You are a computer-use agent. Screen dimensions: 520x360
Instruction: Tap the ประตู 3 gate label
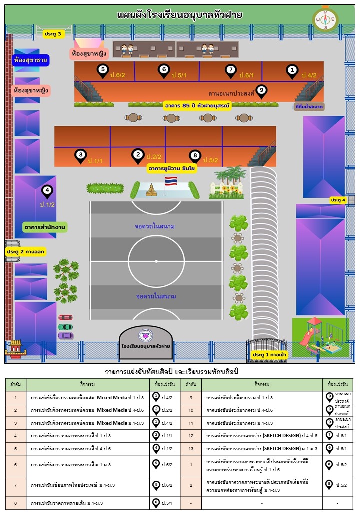tap(53, 34)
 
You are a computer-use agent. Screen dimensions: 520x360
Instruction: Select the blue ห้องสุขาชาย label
tap(31, 61)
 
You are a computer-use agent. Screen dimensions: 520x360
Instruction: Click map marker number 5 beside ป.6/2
tap(103, 71)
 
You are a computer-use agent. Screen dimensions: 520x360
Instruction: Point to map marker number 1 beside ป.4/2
tap(292, 71)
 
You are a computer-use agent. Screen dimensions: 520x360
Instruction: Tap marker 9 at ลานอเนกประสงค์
tap(261, 91)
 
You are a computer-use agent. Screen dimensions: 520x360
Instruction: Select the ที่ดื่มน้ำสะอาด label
tap(309, 107)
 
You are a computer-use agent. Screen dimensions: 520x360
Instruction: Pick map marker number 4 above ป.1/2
tap(47, 191)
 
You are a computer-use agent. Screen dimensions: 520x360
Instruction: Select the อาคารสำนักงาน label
tap(45, 227)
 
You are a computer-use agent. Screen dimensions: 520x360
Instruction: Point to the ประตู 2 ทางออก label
tap(26, 252)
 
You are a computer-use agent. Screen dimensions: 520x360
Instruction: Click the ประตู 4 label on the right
tap(337, 200)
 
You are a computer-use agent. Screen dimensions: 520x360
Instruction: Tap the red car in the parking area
tap(65, 317)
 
